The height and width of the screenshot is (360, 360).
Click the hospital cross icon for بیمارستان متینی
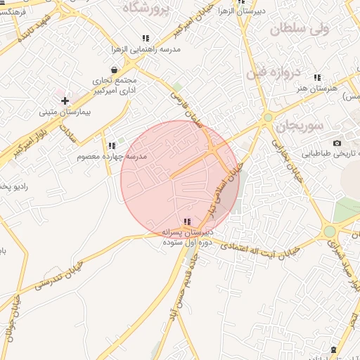pyautogui.click(x=65, y=101)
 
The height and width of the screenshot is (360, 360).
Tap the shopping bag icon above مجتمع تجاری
pyautogui.click(x=115, y=70)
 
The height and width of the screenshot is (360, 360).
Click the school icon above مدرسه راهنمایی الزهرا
pyautogui.click(x=146, y=39)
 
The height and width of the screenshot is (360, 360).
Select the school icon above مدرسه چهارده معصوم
pyautogui.click(x=112, y=146)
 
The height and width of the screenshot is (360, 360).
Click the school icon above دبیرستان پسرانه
pyautogui.click(x=186, y=221)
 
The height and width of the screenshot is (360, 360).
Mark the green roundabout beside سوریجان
pyautogui.click(x=268, y=117)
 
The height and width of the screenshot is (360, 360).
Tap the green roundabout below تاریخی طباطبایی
pyautogui.click(x=329, y=231)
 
